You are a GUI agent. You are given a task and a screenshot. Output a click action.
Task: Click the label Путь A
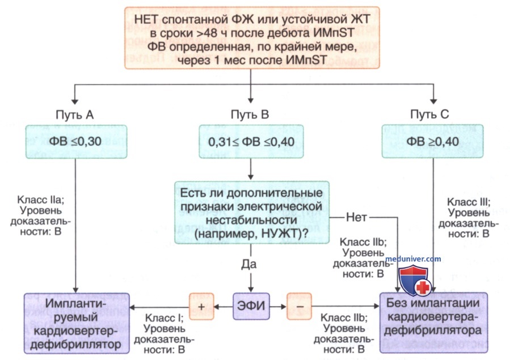pyautogui.click(x=74, y=115)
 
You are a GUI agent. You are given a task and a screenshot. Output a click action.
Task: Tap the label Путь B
pyautogui.click(x=250, y=115)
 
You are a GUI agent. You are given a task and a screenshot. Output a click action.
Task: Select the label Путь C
pyautogui.click(x=429, y=115)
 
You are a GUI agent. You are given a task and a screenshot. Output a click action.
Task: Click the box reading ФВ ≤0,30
pyautogui.click(x=77, y=142)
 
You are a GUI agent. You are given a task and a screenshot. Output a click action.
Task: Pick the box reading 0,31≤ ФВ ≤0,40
pyautogui.click(x=251, y=142)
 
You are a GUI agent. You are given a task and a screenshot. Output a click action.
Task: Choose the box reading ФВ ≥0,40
pyautogui.click(x=433, y=142)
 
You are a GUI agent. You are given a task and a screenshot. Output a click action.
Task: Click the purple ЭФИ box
pyautogui.click(x=251, y=306)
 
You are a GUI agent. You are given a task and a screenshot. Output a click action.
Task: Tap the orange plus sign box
pyautogui.click(x=201, y=306)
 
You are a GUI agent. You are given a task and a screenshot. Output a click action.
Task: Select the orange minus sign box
pyautogui.click(x=299, y=306)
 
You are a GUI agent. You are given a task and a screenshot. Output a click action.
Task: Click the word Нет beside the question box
pyautogui.click(x=356, y=217)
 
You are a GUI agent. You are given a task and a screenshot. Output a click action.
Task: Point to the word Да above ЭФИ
pyautogui.click(x=249, y=264)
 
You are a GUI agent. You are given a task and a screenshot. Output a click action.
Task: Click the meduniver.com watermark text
pyautogui.click(x=413, y=259)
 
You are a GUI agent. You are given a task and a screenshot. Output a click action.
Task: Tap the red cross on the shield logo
pyautogui.click(x=423, y=287)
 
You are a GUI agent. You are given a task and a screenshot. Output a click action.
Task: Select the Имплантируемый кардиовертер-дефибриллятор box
pyautogui.click(x=77, y=323)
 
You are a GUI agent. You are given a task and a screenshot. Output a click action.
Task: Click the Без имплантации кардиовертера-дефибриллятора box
pyautogui.click(x=433, y=323)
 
